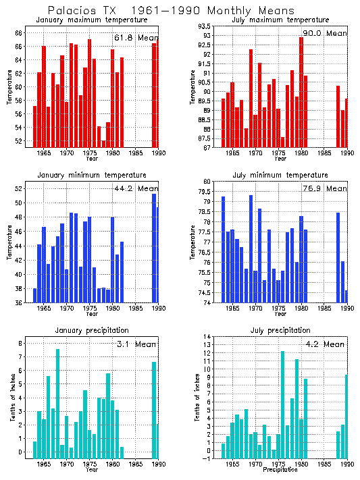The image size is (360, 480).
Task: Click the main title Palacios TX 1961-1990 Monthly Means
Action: click(171, 11)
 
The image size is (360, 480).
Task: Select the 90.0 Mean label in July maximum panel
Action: click(324, 33)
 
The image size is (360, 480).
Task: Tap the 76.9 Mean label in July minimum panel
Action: click(324, 188)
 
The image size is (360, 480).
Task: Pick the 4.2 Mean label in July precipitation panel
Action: click(324, 344)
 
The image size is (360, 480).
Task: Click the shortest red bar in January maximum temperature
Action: click(103, 143)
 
